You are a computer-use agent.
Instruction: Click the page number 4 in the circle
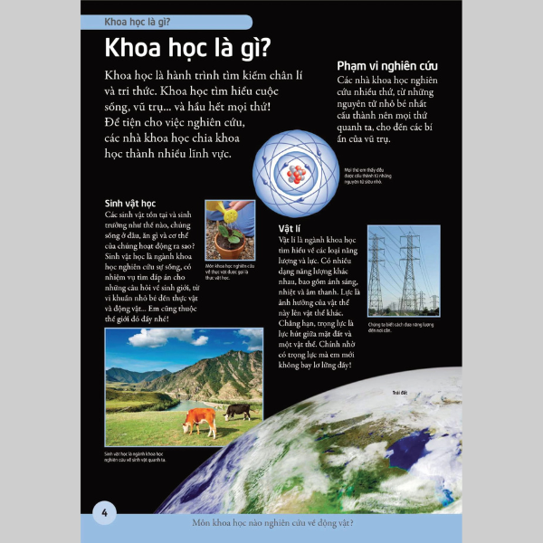(105, 514)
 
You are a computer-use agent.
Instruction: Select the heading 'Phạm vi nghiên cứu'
(387, 65)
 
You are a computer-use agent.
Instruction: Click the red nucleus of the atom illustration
(298, 173)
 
